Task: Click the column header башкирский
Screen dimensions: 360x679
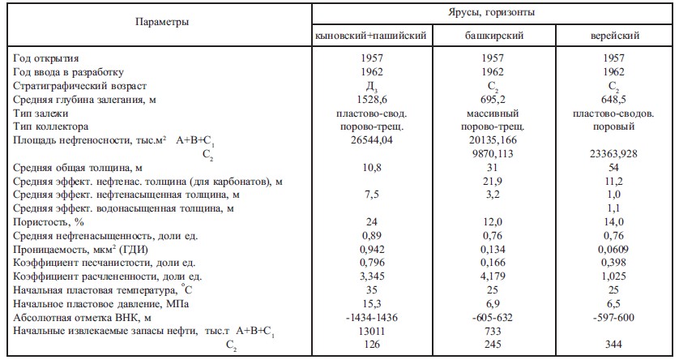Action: (x=493, y=37)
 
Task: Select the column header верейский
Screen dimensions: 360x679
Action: (x=616, y=37)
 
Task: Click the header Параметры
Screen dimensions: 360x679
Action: (x=162, y=22)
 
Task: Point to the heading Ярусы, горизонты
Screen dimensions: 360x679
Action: (x=493, y=13)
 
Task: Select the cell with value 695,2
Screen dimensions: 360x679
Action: (x=493, y=99)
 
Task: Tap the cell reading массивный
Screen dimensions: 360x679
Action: (x=493, y=113)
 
